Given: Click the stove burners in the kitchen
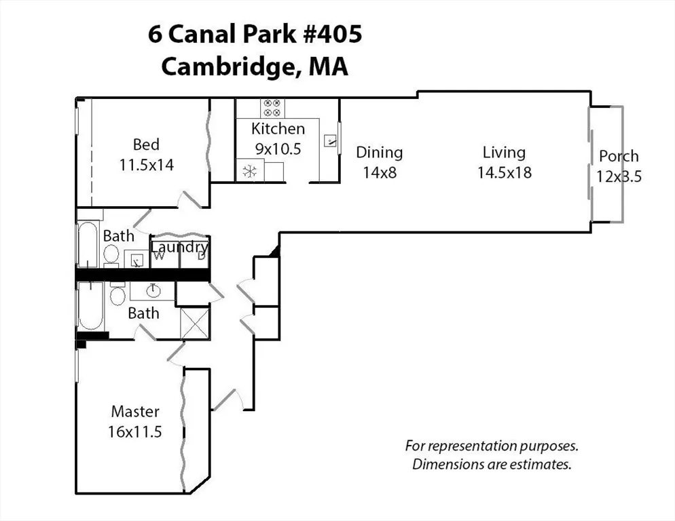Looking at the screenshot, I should [272, 107].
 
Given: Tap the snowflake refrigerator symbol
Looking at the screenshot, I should [249, 171].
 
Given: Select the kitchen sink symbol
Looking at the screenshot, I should [331, 141].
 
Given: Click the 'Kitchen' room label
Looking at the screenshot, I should [278, 129].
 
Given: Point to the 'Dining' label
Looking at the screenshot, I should [379, 153].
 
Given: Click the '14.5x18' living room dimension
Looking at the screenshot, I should [504, 172].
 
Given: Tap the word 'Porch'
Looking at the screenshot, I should [619, 157].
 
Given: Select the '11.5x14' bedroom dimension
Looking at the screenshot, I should [146, 164].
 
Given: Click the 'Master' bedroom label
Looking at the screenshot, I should [135, 411].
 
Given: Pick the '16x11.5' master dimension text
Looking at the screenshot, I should [134, 431].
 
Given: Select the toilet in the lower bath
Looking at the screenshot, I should [117, 295].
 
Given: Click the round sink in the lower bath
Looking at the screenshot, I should [153, 291].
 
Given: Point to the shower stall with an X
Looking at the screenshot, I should [194, 323].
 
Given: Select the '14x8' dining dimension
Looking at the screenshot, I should [379, 172].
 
